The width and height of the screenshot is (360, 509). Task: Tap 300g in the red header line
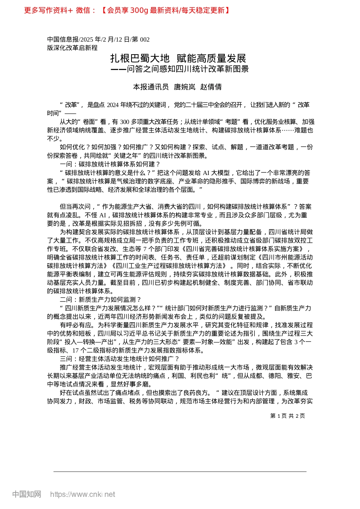(139, 10)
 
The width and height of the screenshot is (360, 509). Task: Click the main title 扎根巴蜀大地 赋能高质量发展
(178, 58)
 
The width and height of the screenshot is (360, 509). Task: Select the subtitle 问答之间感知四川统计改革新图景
(188, 69)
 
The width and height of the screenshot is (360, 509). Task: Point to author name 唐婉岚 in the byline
(185, 87)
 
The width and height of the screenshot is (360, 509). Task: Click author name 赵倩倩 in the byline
(211, 87)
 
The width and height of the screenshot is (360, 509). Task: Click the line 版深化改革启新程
(72, 48)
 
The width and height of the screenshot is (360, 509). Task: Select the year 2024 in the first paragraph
(113, 105)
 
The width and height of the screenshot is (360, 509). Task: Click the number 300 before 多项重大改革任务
(125, 122)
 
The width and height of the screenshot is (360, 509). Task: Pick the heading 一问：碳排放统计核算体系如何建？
(110, 164)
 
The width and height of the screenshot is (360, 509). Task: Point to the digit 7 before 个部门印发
(145, 249)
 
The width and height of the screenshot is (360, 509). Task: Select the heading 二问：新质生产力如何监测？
(101, 300)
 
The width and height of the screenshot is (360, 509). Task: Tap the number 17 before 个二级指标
(75, 350)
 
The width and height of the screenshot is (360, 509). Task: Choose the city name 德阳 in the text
(275, 376)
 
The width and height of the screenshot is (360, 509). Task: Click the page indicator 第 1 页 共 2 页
(288, 416)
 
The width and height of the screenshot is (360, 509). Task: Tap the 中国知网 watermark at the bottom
(27, 494)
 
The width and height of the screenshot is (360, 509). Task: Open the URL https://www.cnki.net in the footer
(83, 494)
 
